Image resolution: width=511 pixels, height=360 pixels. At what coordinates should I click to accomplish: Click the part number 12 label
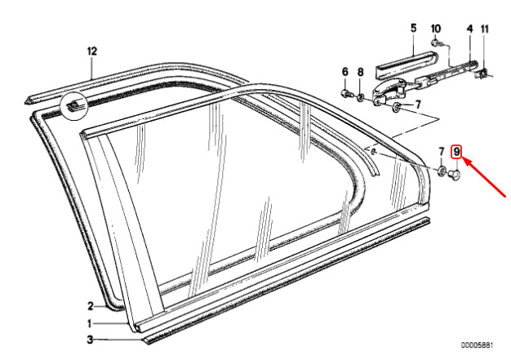tap(92, 51)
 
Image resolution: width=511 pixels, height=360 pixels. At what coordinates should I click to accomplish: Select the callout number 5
tap(413, 29)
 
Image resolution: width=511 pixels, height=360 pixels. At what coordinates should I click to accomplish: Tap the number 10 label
tap(436, 29)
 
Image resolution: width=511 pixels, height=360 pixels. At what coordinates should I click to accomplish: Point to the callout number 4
tap(469, 29)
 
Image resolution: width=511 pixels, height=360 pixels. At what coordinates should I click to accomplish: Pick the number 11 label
tap(485, 29)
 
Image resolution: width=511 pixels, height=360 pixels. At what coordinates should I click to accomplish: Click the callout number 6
tap(345, 72)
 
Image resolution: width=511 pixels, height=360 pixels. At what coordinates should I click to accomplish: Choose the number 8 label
tap(360, 72)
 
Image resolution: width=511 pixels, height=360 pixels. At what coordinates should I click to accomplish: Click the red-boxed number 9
tap(456, 152)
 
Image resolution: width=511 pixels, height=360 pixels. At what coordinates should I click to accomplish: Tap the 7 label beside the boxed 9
tap(442, 152)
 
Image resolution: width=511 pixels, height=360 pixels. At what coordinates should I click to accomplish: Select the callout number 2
tap(91, 306)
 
